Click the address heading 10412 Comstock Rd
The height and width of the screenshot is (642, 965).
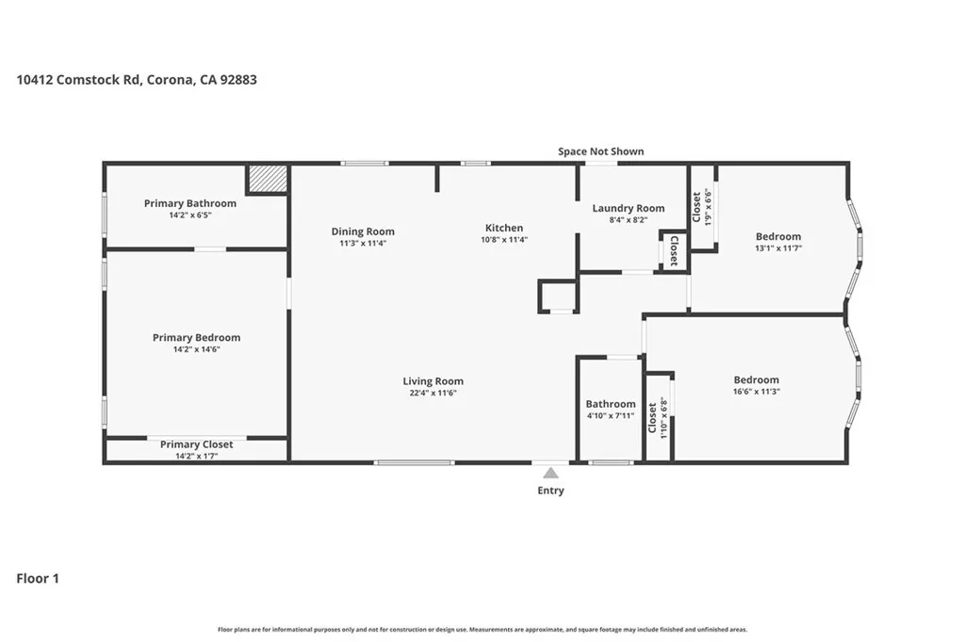[137, 80]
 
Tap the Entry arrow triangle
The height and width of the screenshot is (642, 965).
[550, 473]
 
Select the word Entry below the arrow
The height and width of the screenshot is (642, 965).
[550, 490]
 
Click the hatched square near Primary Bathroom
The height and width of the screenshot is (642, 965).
[267, 179]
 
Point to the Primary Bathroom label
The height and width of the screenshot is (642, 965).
[190, 203]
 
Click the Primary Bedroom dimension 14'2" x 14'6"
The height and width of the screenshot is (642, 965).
[196, 349]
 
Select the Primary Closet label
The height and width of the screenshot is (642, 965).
[196, 444]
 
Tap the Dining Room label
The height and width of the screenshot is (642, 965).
[363, 232]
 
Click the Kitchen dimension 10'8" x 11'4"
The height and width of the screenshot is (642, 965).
[504, 239]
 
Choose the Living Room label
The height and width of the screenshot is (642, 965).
[433, 381]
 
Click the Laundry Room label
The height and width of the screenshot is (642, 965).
[628, 208]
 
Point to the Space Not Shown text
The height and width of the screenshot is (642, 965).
[601, 152]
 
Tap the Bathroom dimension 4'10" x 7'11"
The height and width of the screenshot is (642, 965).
[611, 415]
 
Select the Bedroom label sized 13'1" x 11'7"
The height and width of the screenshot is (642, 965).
[778, 236]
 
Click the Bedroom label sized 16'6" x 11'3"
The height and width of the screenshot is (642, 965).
[756, 379]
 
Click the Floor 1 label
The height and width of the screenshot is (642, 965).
[38, 579]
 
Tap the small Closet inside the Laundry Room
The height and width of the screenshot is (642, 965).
[674, 250]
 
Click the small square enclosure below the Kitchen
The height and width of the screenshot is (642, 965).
[558, 296]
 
